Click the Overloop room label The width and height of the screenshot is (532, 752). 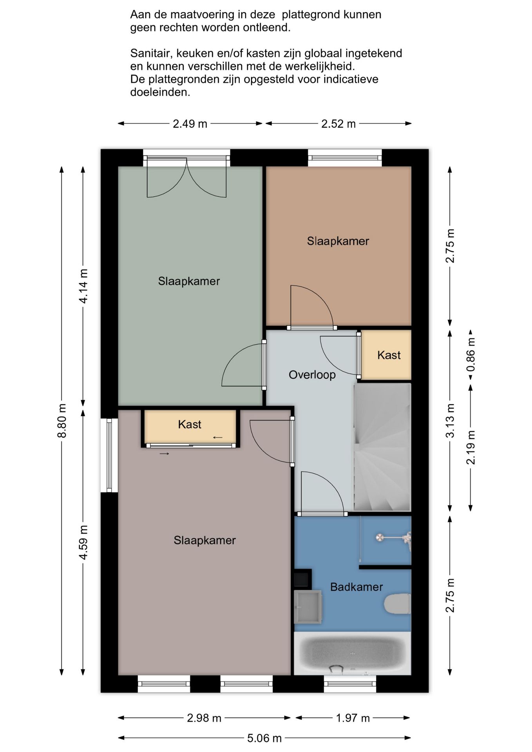[x=312, y=375]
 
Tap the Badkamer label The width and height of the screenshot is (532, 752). [x=356, y=587]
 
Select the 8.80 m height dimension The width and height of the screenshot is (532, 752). [x=62, y=421]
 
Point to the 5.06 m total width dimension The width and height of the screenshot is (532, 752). [x=264, y=738]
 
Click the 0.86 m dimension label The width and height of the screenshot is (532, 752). [x=470, y=355]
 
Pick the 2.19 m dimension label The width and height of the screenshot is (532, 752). [x=470, y=448]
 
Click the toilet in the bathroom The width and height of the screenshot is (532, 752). [x=397, y=604]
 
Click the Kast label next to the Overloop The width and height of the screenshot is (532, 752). [x=389, y=355]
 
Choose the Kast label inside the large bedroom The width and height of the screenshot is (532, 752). [x=190, y=424]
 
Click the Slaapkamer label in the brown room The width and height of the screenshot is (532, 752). [x=338, y=241]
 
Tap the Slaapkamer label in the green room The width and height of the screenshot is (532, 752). [x=189, y=281]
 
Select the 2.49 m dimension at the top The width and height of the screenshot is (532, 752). [x=190, y=124]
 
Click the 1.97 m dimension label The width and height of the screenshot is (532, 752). [x=353, y=718]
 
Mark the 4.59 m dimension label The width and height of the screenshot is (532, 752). [x=83, y=543]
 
